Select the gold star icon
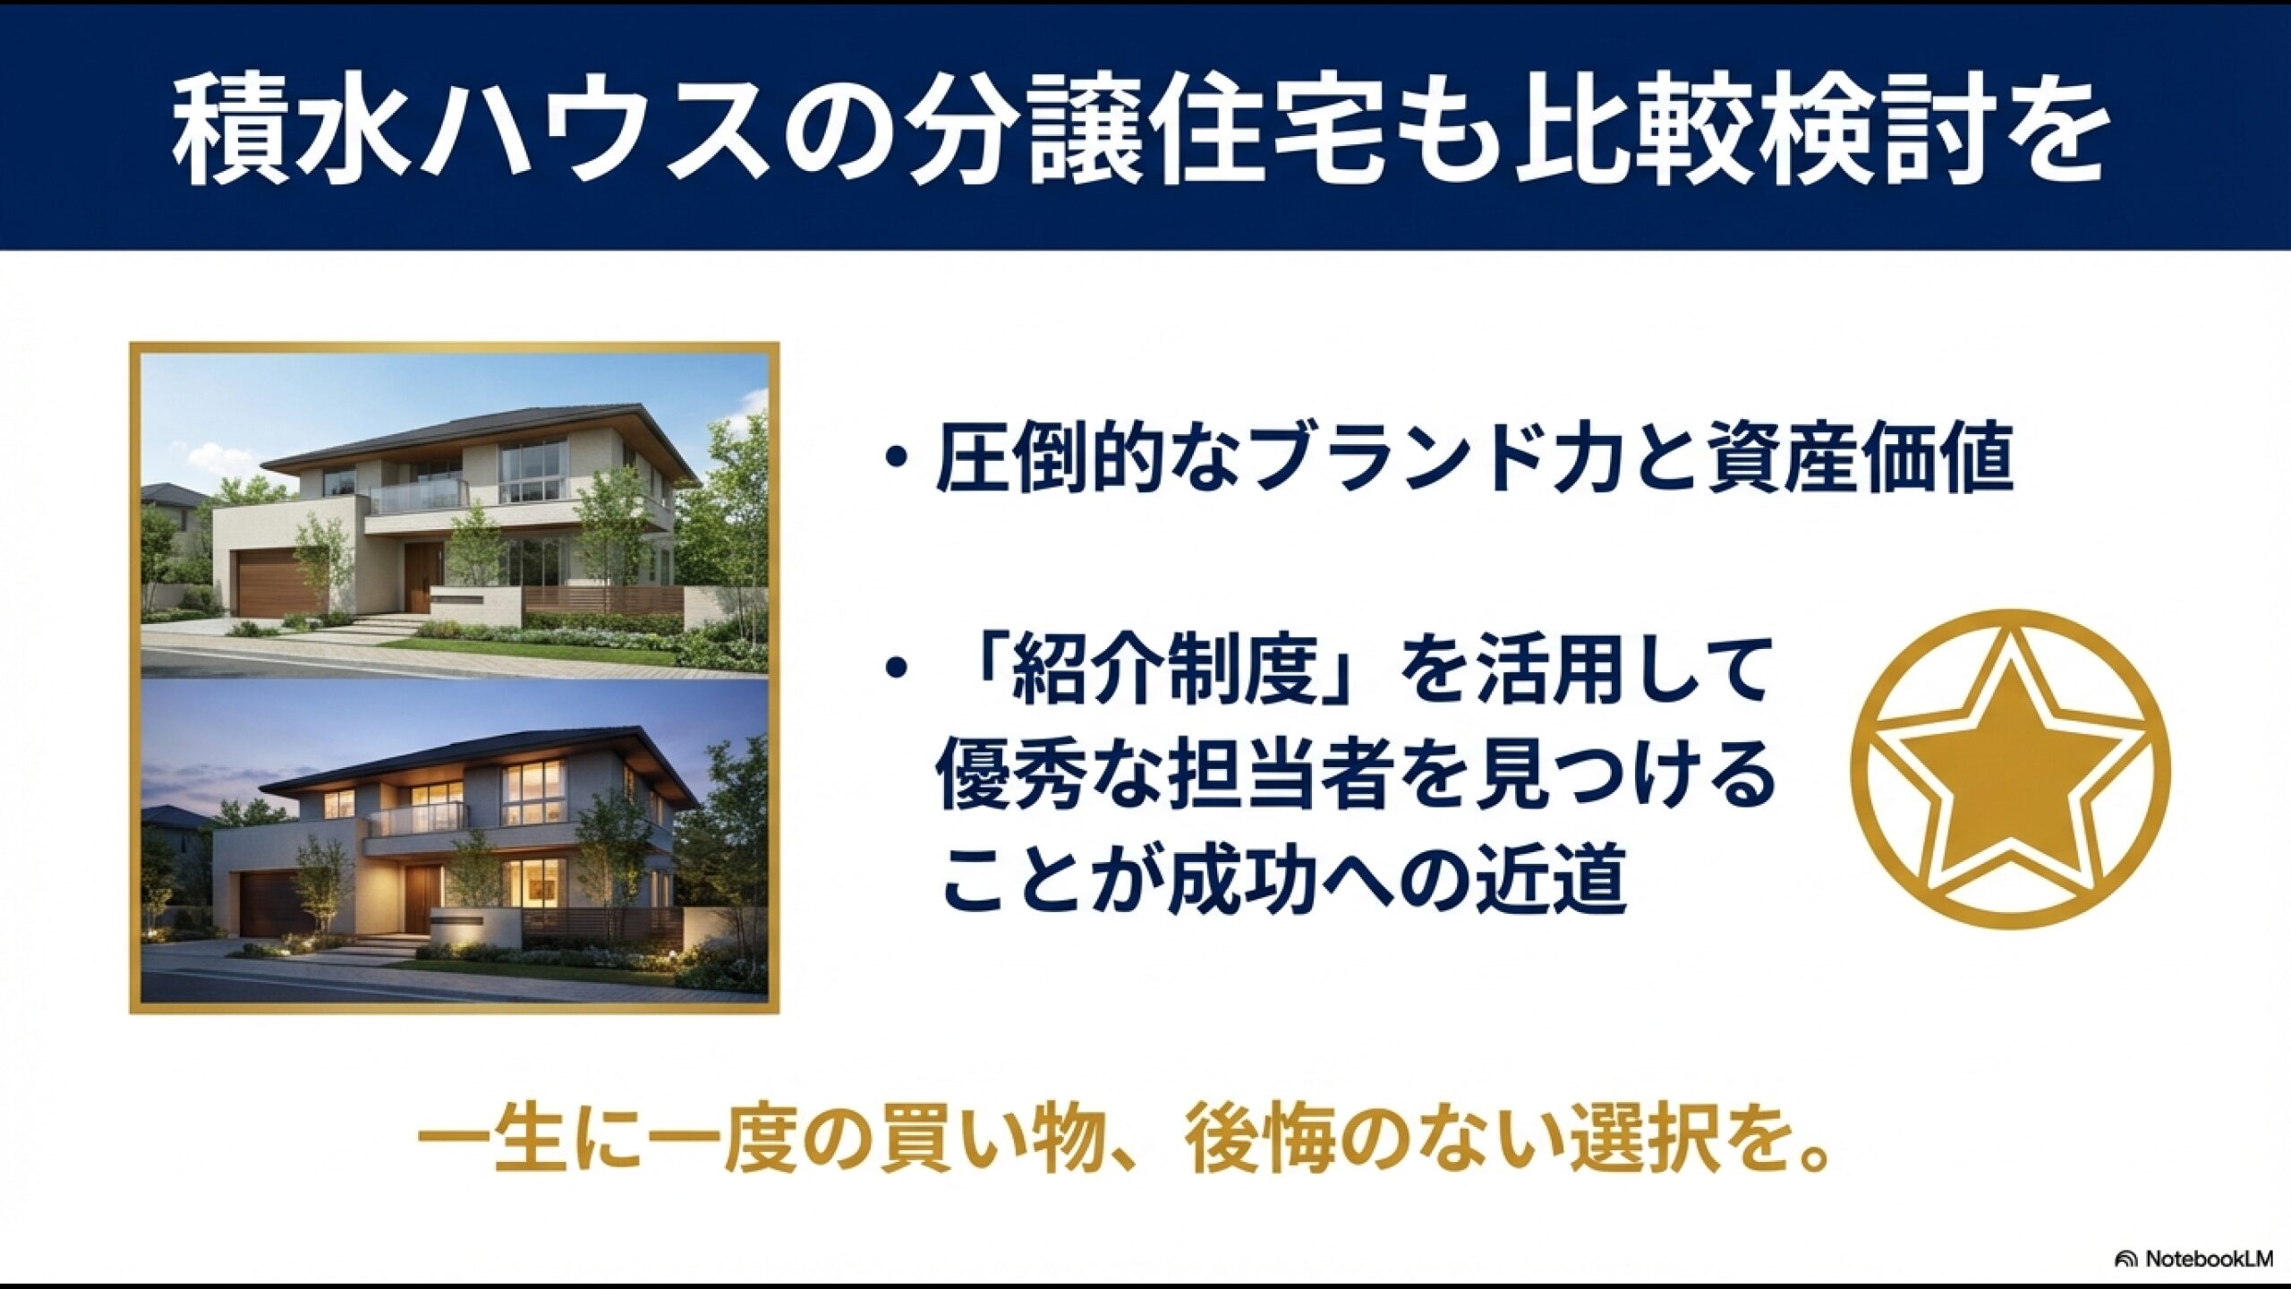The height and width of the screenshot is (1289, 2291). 2010,770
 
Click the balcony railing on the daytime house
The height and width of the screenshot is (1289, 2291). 419,496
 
